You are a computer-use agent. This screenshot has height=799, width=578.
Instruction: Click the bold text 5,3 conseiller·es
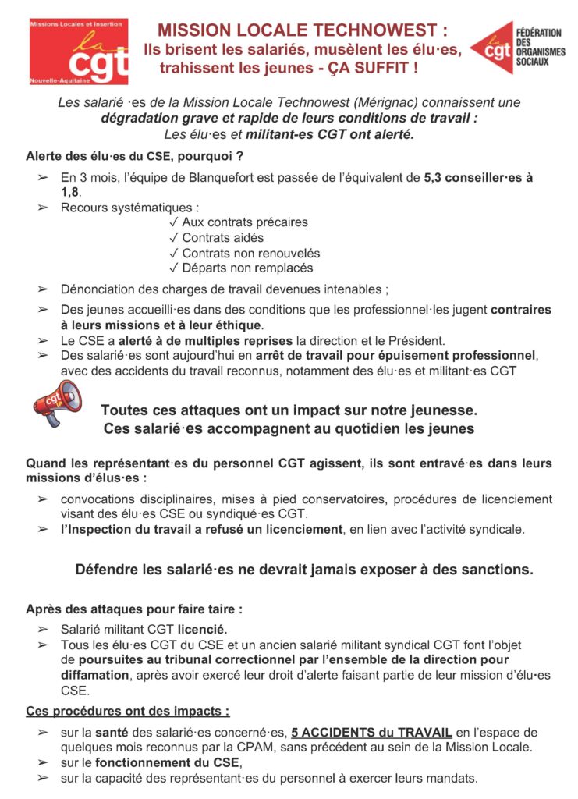click(473, 177)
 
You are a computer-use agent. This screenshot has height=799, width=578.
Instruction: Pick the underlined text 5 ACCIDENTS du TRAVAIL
click(371, 733)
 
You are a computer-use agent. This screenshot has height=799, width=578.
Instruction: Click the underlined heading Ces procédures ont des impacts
click(128, 712)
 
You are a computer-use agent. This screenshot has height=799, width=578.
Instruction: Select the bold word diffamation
click(94, 675)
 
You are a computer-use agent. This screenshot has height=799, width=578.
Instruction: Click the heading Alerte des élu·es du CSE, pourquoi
click(135, 155)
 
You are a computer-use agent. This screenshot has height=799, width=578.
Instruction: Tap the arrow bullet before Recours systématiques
click(43, 208)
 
